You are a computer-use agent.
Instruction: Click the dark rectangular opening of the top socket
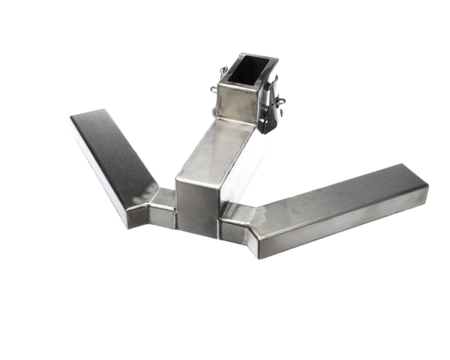click(x=244, y=71)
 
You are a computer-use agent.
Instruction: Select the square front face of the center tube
click(x=196, y=204)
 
